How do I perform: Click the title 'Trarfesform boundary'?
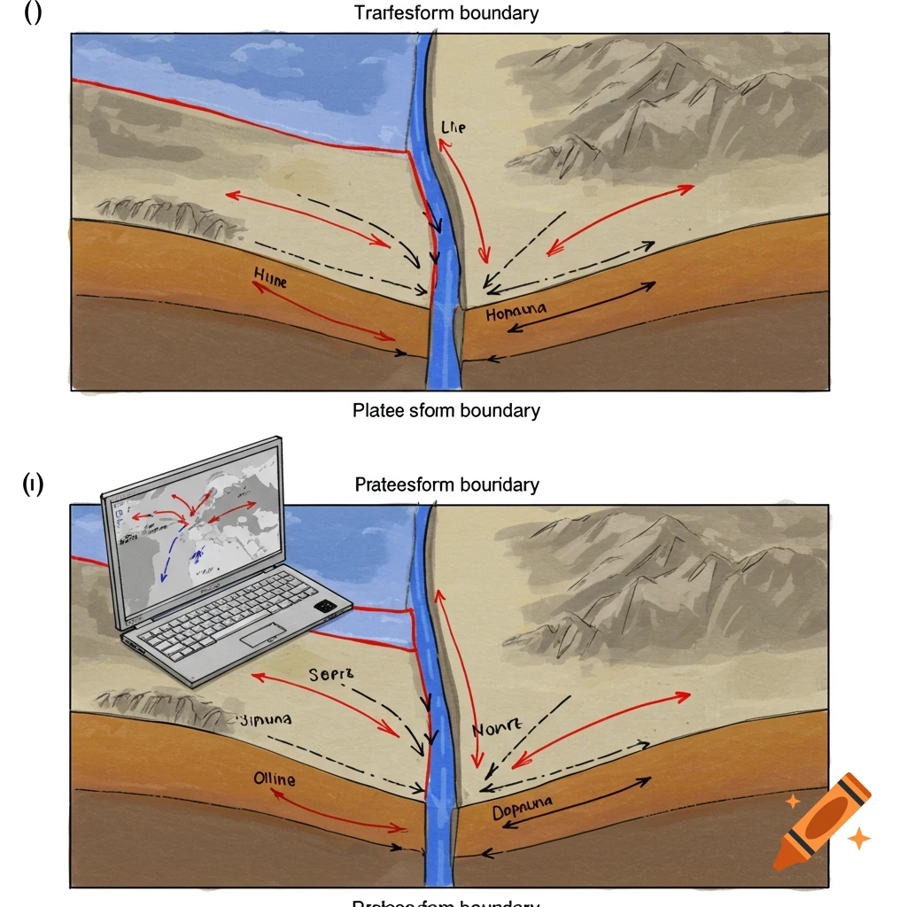pyautogui.click(x=446, y=13)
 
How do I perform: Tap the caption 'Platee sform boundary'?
pyautogui.click(x=446, y=411)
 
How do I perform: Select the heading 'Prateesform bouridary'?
pyautogui.click(x=446, y=485)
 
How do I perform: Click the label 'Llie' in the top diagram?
pyautogui.click(x=452, y=128)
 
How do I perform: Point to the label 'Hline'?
pyautogui.click(x=270, y=279)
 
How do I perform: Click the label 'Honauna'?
pyautogui.click(x=516, y=312)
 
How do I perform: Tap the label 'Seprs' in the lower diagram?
pyautogui.click(x=331, y=675)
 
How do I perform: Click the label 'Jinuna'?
pyautogui.click(x=265, y=719)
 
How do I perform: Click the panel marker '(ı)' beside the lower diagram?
pyautogui.click(x=32, y=485)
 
